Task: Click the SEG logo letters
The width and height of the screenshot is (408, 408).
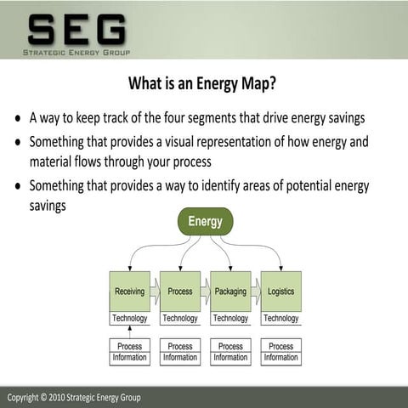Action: point(76,30)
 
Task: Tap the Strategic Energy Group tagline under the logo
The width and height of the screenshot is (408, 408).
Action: point(76,53)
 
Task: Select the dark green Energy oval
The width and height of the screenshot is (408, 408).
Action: point(205,222)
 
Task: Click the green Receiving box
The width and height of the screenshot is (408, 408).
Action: point(129,292)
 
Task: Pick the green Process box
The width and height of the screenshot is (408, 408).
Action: point(180,292)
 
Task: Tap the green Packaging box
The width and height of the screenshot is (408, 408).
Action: point(230,292)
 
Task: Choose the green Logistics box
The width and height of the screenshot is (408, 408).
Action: point(280,292)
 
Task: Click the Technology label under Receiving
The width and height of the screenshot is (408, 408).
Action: point(129,319)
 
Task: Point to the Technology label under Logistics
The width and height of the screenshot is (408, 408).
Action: point(280,319)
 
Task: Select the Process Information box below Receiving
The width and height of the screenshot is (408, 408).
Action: point(129,352)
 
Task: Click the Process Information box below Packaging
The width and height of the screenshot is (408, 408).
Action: point(230,352)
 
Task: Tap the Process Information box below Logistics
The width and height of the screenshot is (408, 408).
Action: point(280,352)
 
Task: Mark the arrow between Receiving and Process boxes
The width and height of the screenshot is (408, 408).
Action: point(155,292)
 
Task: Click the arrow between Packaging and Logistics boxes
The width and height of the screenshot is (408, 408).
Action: point(256,292)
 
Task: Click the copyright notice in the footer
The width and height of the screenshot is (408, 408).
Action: point(74,398)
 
